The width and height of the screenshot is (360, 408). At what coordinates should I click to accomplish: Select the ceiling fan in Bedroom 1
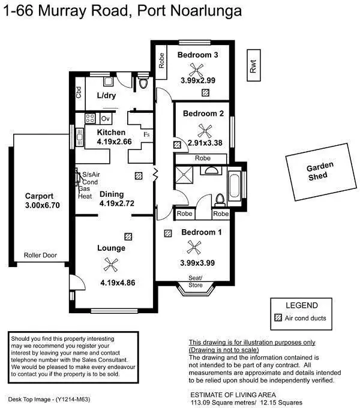193,247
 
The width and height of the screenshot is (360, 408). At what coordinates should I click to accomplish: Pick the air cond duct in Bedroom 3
206,93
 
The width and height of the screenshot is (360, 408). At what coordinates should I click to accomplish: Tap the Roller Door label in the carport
40,255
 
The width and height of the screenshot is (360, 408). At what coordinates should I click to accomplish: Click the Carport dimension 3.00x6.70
43,205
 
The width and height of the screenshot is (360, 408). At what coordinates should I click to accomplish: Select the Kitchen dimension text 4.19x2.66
114,142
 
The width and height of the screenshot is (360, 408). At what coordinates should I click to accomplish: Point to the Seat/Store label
196,281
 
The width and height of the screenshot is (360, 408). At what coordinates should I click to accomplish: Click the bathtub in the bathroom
235,188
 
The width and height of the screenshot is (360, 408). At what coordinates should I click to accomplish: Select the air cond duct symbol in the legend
277,318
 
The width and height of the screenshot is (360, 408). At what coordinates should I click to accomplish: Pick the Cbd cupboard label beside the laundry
79,93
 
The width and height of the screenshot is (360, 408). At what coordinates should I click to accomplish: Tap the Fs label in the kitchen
146,134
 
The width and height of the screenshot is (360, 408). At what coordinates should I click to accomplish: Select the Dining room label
112,194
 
